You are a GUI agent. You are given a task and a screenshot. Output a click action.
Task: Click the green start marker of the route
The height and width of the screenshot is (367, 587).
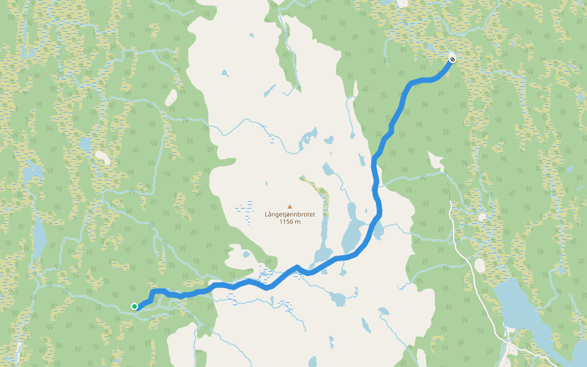[x=134, y=306]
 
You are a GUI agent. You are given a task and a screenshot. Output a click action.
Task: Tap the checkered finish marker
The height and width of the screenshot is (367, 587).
[x=451, y=59]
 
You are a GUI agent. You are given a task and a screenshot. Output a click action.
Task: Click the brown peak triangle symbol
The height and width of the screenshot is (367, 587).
[x=290, y=207]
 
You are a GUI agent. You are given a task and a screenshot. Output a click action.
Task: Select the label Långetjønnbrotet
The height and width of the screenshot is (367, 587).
[x=289, y=215]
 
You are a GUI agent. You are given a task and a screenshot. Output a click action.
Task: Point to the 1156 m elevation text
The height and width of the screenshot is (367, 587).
[x=289, y=221]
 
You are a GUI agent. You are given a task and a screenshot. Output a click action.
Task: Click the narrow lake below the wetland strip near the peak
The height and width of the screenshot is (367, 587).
[x=323, y=229]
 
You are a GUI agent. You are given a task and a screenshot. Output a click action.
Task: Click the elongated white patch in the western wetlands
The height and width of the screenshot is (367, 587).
[x=102, y=158]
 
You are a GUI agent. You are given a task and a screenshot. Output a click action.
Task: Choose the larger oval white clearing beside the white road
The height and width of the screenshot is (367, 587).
[x=479, y=265]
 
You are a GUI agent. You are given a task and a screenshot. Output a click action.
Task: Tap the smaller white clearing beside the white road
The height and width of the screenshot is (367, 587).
[x=482, y=217]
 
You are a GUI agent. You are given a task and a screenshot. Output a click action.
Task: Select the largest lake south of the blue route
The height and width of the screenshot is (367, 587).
[x=337, y=299]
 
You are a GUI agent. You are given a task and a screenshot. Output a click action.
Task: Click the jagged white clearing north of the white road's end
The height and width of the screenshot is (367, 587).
[x=436, y=161]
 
